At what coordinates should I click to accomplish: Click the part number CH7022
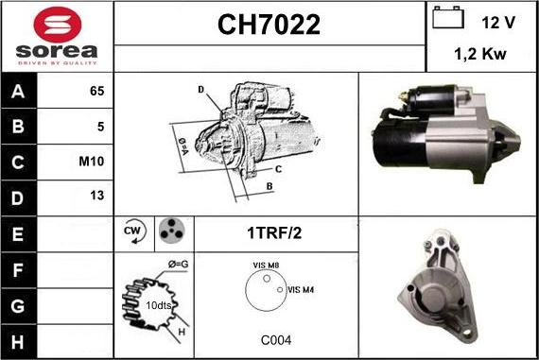tap(269, 25)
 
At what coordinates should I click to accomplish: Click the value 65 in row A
tap(96, 92)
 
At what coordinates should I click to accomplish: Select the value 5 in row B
tap(100, 126)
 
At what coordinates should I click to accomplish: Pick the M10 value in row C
tap(93, 161)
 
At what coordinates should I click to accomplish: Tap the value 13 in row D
tap(96, 196)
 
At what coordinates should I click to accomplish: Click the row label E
tap(19, 231)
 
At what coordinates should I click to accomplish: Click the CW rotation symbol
tap(132, 231)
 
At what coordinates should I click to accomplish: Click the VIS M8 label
tap(266, 267)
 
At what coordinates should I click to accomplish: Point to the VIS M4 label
tap(300, 289)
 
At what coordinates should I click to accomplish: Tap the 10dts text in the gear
tap(160, 306)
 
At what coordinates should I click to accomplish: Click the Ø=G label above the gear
tap(179, 264)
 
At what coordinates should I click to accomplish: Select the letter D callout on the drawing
tap(201, 90)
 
